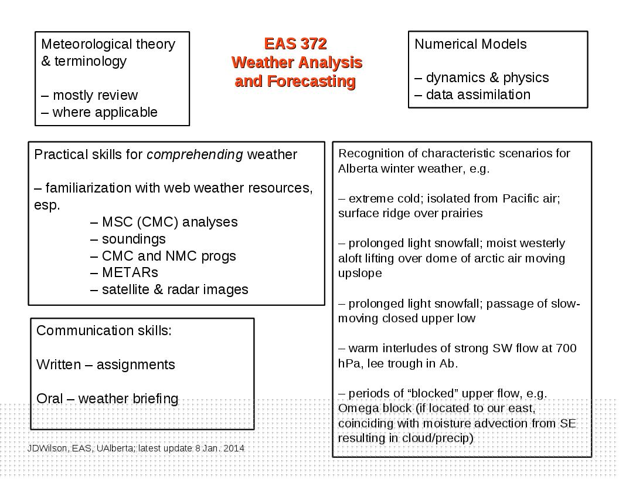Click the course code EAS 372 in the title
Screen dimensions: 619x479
pyautogui.click(x=295, y=43)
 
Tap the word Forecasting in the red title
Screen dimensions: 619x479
pyautogui.click(x=311, y=81)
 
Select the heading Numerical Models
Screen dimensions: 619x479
pyautogui.click(x=471, y=44)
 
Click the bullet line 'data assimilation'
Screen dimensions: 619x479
pyautogui.click(x=472, y=95)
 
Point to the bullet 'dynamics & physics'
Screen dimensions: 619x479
pyautogui.click(x=482, y=77)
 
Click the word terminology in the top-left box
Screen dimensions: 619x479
pyautogui.click(x=90, y=61)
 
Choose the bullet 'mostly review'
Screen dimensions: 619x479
pyautogui.click(x=90, y=95)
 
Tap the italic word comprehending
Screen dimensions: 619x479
pyautogui.click(x=195, y=154)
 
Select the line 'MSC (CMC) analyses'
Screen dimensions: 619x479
pyautogui.click(x=164, y=222)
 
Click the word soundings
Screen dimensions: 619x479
pyautogui.click(x=134, y=239)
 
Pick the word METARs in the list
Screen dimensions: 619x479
pyautogui.click(x=130, y=272)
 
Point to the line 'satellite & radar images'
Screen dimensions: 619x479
pyautogui.click(x=169, y=289)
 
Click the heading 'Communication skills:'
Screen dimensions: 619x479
pyautogui.click(x=104, y=330)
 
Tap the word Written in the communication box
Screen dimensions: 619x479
pyautogui.click(x=59, y=365)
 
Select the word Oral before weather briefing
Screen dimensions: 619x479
pyautogui.click(x=49, y=399)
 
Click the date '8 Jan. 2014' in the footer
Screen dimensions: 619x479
pyautogui.click(x=219, y=448)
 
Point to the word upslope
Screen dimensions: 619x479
pyautogui.click(x=360, y=274)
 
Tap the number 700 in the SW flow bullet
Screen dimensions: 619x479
pyautogui.click(x=566, y=348)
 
